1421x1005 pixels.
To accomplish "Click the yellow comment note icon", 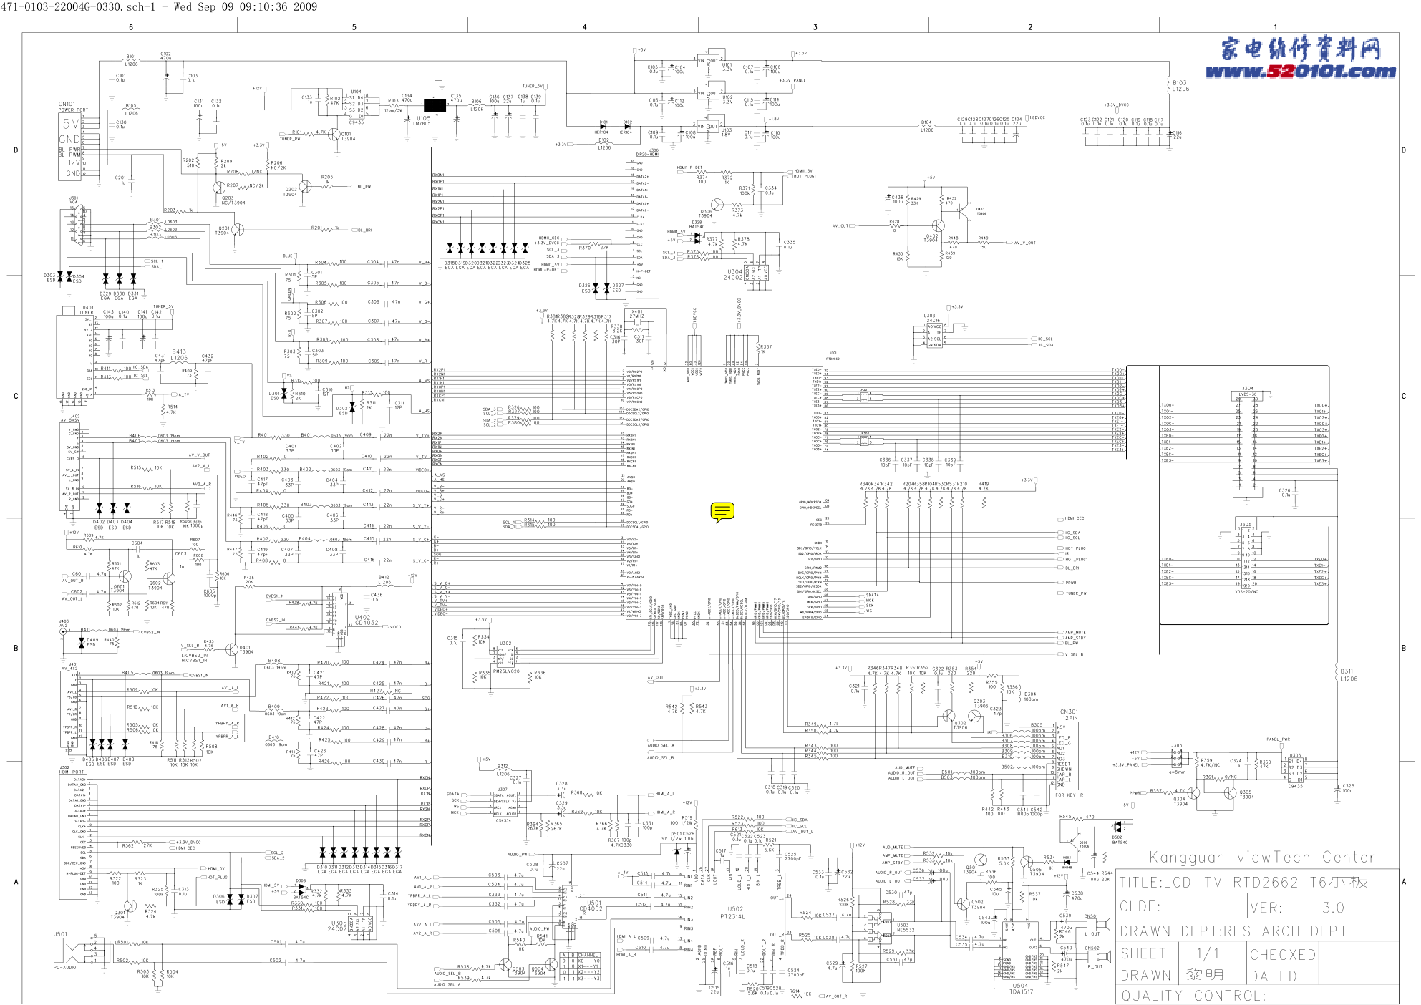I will click(x=722, y=512).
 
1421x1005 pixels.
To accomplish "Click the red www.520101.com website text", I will click(x=1300, y=72).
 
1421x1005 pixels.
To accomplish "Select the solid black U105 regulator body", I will click(x=435, y=107).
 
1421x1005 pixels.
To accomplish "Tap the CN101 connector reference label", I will click(x=67, y=104).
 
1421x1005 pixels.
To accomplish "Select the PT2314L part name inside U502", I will click(x=732, y=916).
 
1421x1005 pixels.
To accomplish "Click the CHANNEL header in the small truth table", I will click(x=588, y=956).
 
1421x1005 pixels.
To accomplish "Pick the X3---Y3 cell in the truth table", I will click(x=588, y=979).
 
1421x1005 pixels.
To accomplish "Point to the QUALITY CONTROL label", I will click(x=1193, y=996).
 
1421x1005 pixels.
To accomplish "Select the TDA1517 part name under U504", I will click(x=1021, y=991).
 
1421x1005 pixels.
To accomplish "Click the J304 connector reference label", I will click(x=1247, y=389).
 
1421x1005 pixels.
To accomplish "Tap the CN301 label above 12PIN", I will click(x=1069, y=712).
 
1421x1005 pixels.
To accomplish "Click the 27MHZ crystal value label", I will click(x=636, y=316).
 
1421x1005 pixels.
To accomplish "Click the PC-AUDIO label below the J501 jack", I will click(x=64, y=968).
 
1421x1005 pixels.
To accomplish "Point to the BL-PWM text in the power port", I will click(x=69, y=155).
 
